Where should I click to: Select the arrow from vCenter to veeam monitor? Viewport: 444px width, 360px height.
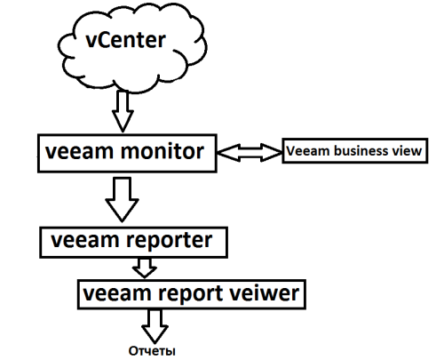point(123,113)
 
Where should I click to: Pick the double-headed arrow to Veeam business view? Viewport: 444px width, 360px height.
point(248,153)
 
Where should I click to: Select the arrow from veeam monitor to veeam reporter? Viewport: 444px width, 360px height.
point(121,197)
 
